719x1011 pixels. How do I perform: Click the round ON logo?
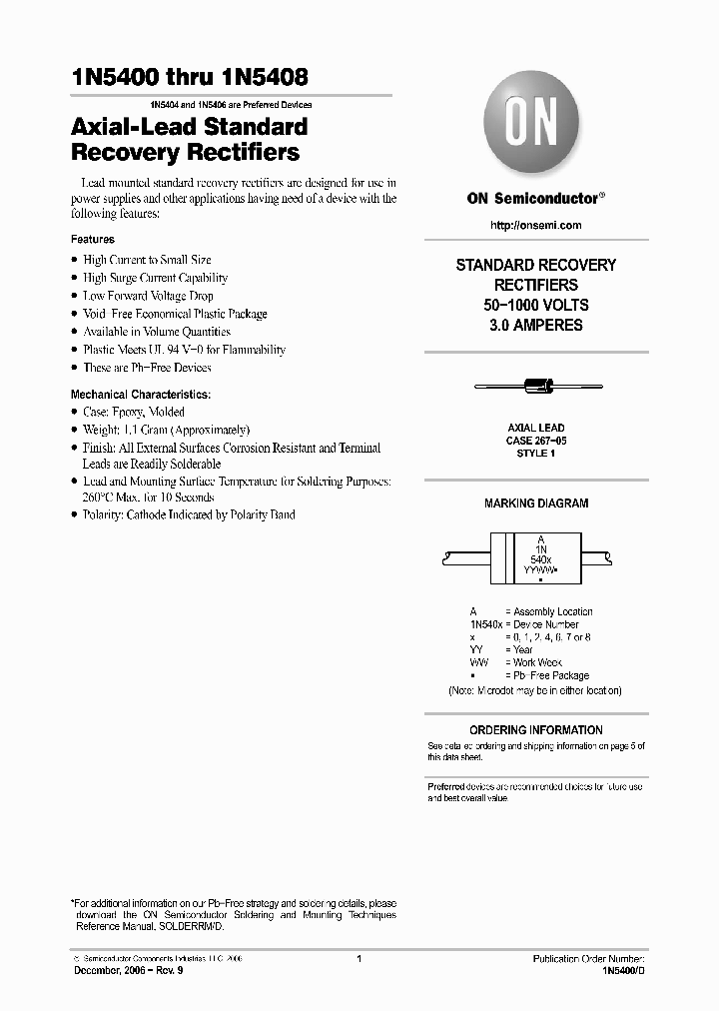tap(536, 128)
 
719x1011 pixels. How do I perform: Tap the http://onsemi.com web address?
tap(536, 226)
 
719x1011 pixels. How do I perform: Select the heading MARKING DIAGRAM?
tap(536, 504)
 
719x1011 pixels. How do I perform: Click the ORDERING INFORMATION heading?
tap(536, 730)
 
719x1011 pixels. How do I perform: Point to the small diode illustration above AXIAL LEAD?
tap(536, 386)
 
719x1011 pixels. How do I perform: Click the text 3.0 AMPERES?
tap(536, 326)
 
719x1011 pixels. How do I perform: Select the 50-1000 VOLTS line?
tap(536, 306)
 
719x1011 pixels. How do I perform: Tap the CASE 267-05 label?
tap(536, 440)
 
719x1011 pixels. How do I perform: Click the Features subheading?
tap(93, 240)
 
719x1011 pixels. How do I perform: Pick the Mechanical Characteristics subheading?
tap(141, 395)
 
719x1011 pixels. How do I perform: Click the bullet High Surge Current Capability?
tap(155, 278)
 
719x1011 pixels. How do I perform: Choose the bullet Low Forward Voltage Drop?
tap(148, 296)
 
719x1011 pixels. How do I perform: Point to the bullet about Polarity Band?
tap(188, 514)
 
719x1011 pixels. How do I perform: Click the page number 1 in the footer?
tap(358, 959)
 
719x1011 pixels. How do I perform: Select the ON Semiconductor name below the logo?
tap(534, 199)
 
